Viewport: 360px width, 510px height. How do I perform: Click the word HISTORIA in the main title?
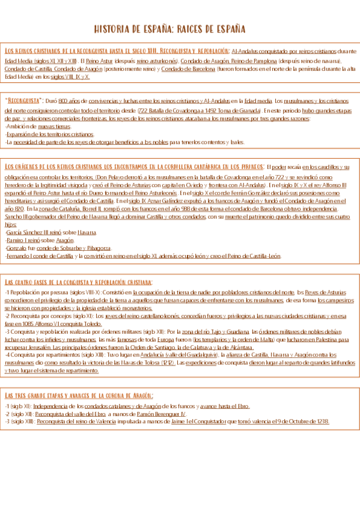(x=114, y=29)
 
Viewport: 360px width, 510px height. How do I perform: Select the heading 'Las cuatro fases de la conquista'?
(x=78, y=281)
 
